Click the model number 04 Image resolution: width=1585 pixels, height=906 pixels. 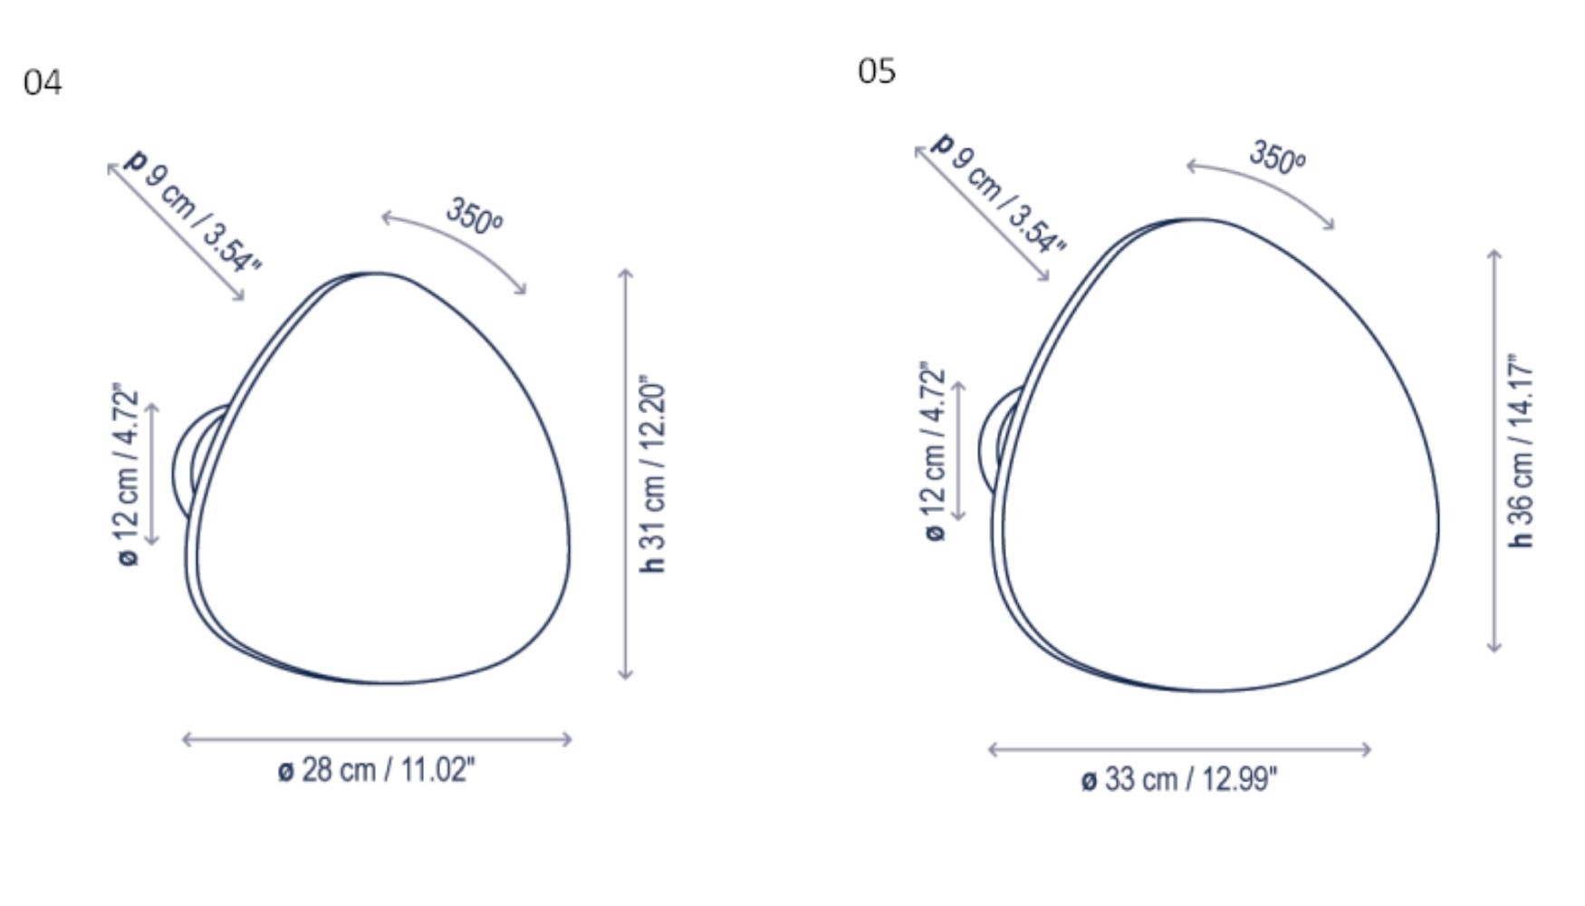point(43,82)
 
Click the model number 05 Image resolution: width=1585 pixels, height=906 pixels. point(877,71)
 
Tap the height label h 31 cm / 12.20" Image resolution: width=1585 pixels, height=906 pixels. point(652,474)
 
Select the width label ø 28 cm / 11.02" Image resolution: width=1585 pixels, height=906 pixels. point(376,770)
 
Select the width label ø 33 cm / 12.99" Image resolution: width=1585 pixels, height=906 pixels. point(1179,779)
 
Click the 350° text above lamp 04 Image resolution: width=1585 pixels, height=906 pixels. point(474,217)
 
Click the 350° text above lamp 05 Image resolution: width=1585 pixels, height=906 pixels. point(1277,157)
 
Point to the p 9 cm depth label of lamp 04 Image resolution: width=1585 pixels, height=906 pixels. point(192,210)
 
